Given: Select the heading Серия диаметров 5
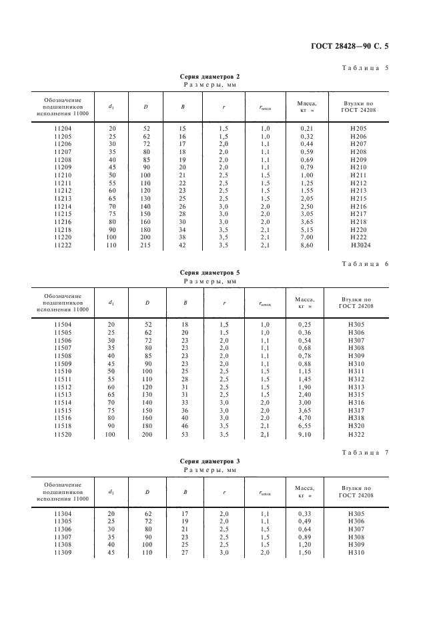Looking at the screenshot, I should pyautogui.click(x=210, y=272).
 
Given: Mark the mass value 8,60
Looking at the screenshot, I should pyautogui.click(x=307, y=245).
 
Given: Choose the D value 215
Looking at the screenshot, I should pyautogui.click(x=145, y=245).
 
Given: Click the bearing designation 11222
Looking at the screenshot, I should pyautogui.click(x=62, y=245).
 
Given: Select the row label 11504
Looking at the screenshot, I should pyautogui.click(x=62, y=324).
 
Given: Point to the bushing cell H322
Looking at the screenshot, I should pyautogui.click(x=358, y=434).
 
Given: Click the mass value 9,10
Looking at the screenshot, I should pyautogui.click(x=307, y=434).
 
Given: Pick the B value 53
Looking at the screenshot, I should pyautogui.click(x=185, y=434).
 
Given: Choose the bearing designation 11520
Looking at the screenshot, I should pyautogui.click(x=62, y=434).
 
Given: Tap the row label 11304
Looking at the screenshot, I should pyautogui.click(x=62, y=513).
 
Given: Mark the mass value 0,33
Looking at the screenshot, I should pyautogui.click(x=307, y=513).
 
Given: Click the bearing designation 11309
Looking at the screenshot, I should pyautogui.click(x=62, y=553).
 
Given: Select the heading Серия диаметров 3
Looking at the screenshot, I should pyautogui.click(x=210, y=461).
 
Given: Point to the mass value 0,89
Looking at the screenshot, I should pyautogui.click(x=307, y=537).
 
